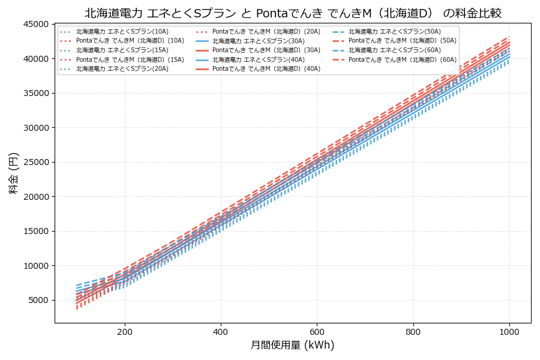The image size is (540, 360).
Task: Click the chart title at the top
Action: point(293,13)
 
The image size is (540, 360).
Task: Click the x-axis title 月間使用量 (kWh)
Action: point(292,346)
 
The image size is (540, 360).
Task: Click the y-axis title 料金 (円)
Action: point(13,173)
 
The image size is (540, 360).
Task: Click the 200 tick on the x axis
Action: point(125,331)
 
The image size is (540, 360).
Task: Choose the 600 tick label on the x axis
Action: point(317,331)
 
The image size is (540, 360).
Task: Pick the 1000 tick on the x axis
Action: point(509,331)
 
